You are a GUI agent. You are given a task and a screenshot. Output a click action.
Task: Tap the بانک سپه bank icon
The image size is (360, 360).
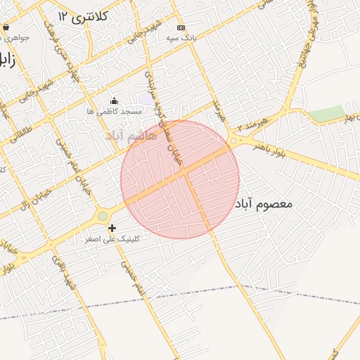click(x=181, y=27)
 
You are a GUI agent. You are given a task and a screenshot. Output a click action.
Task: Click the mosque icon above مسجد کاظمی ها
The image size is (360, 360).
click(x=115, y=101)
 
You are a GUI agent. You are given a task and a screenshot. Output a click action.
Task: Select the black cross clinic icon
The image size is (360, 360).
click(x=112, y=228)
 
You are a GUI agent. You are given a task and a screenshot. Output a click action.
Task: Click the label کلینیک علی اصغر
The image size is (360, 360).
click(x=112, y=239)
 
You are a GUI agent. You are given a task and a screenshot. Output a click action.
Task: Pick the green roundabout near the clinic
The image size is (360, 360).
click(x=103, y=216)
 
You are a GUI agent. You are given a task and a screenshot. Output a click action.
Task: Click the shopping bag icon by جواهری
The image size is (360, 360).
click(x=6, y=27)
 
